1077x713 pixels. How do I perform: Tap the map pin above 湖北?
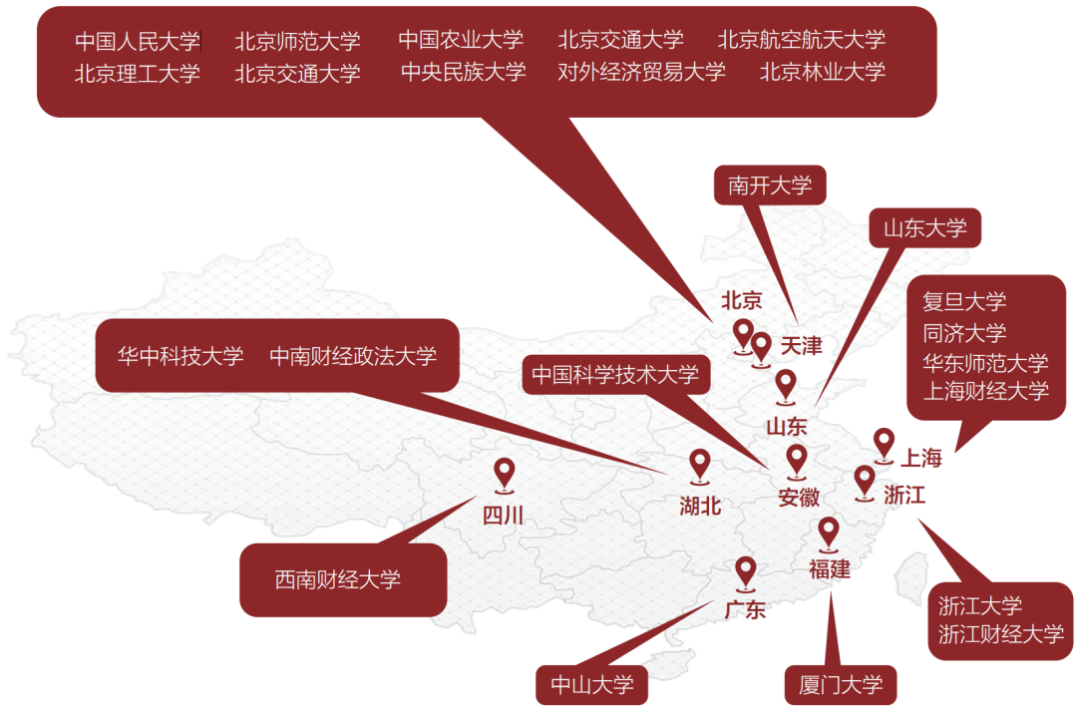(x=700, y=463)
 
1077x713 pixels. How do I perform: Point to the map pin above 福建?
(x=829, y=532)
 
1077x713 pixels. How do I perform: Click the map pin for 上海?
(x=884, y=442)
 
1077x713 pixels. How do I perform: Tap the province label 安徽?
(x=799, y=497)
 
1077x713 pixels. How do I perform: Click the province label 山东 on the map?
(x=786, y=427)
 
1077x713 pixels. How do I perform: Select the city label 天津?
(x=801, y=346)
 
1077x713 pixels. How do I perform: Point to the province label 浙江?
(x=904, y=494)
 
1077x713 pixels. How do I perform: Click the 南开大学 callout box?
(x=770, y=184)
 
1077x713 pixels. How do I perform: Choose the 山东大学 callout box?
(x=924, y=228)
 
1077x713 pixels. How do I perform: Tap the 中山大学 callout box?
(x=592, y=685)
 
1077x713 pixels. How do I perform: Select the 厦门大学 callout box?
(x=841, y=685)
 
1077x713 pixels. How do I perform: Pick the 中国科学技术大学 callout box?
(x=615, y=375)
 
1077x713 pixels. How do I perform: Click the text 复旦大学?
(x=964, y=301)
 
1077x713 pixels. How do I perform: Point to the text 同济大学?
(x=964, y=332)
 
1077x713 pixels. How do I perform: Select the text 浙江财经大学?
(x=1001, y=633)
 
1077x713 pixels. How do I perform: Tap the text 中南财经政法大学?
(x=353, y=356)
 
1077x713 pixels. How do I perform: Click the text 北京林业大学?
(x=822, y=72)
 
